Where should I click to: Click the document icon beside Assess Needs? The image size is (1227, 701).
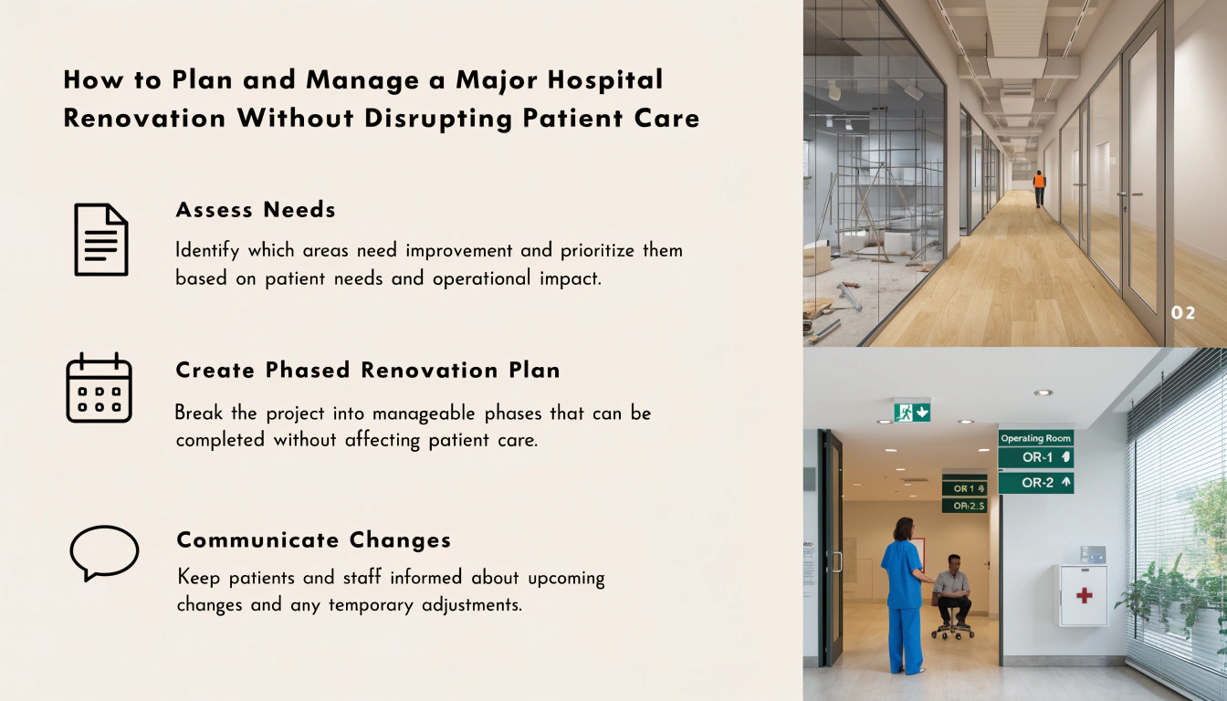(101, 239)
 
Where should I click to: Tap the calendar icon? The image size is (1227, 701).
(100, 388)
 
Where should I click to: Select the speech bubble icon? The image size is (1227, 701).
(104, 553)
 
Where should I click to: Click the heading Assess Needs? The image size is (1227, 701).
(256, 210)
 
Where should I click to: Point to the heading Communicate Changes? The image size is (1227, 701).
(314, 540)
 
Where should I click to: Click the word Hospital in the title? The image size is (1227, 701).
(605, 80)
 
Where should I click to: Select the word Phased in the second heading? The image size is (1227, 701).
(308, 371)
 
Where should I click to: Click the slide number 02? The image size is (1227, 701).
(1182, 313)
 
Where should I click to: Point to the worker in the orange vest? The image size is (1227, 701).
(1039, 188)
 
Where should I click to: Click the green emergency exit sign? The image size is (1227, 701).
(912, 412)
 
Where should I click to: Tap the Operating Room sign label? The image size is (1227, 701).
(1035, 438)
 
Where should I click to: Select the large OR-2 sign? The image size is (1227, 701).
(1036, 483)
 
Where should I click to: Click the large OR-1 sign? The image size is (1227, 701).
(1036, 457)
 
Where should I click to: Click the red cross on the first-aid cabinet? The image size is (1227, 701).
(1084, 595)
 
